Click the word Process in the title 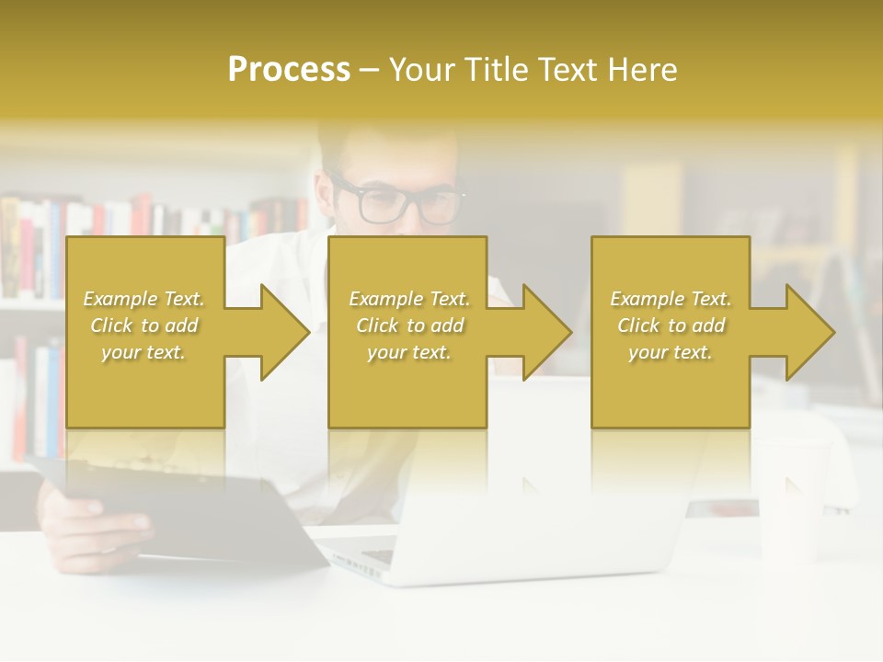(x=289, y=70)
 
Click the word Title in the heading (x=499, y=70)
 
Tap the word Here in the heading (x=644, y=70)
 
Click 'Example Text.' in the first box (x=143, y=299)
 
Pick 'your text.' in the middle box (x=408, y=352)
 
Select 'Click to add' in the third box (x=671, y=325)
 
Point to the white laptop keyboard (x=377, y=555)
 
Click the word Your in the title (x=423, y=70)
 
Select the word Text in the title (x=568, y=70)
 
